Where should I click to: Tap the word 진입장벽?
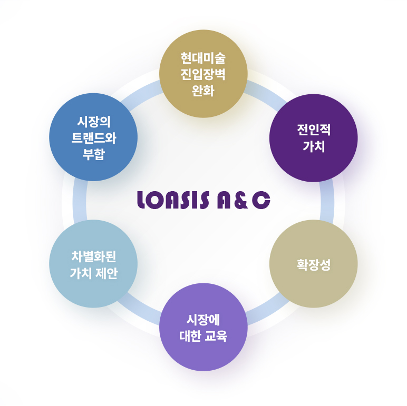203,73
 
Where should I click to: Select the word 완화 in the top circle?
203,88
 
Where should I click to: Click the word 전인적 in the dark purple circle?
313,130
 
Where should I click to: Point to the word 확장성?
313,264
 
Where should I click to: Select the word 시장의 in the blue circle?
93,121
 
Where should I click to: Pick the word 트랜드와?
93,137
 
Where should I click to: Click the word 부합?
93,154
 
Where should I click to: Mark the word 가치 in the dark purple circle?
313,146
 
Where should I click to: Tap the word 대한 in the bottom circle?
189,335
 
